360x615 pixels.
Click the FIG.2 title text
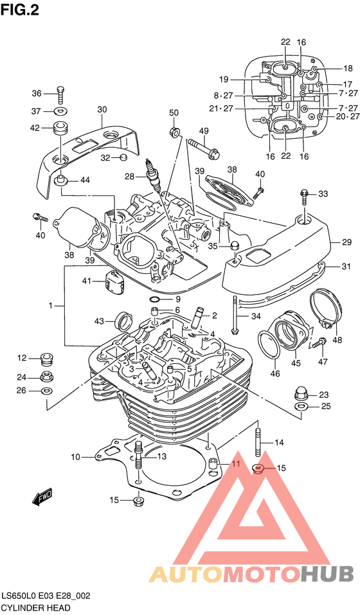pos(20,10)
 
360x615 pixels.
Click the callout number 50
pos(174,113)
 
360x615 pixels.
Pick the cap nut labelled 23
pos(301,394)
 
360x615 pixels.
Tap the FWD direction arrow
pos(42,497)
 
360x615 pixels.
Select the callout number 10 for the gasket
pos(76,456)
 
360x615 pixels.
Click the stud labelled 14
pos(258,443)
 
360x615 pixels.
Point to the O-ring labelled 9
pos(155,301)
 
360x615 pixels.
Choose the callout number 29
pos(346,242)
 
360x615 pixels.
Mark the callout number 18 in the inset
pos(348,69)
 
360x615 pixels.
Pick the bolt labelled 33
pos(305,197)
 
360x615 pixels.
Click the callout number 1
pos(50,306)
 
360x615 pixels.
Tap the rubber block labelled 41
pos(115,281)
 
